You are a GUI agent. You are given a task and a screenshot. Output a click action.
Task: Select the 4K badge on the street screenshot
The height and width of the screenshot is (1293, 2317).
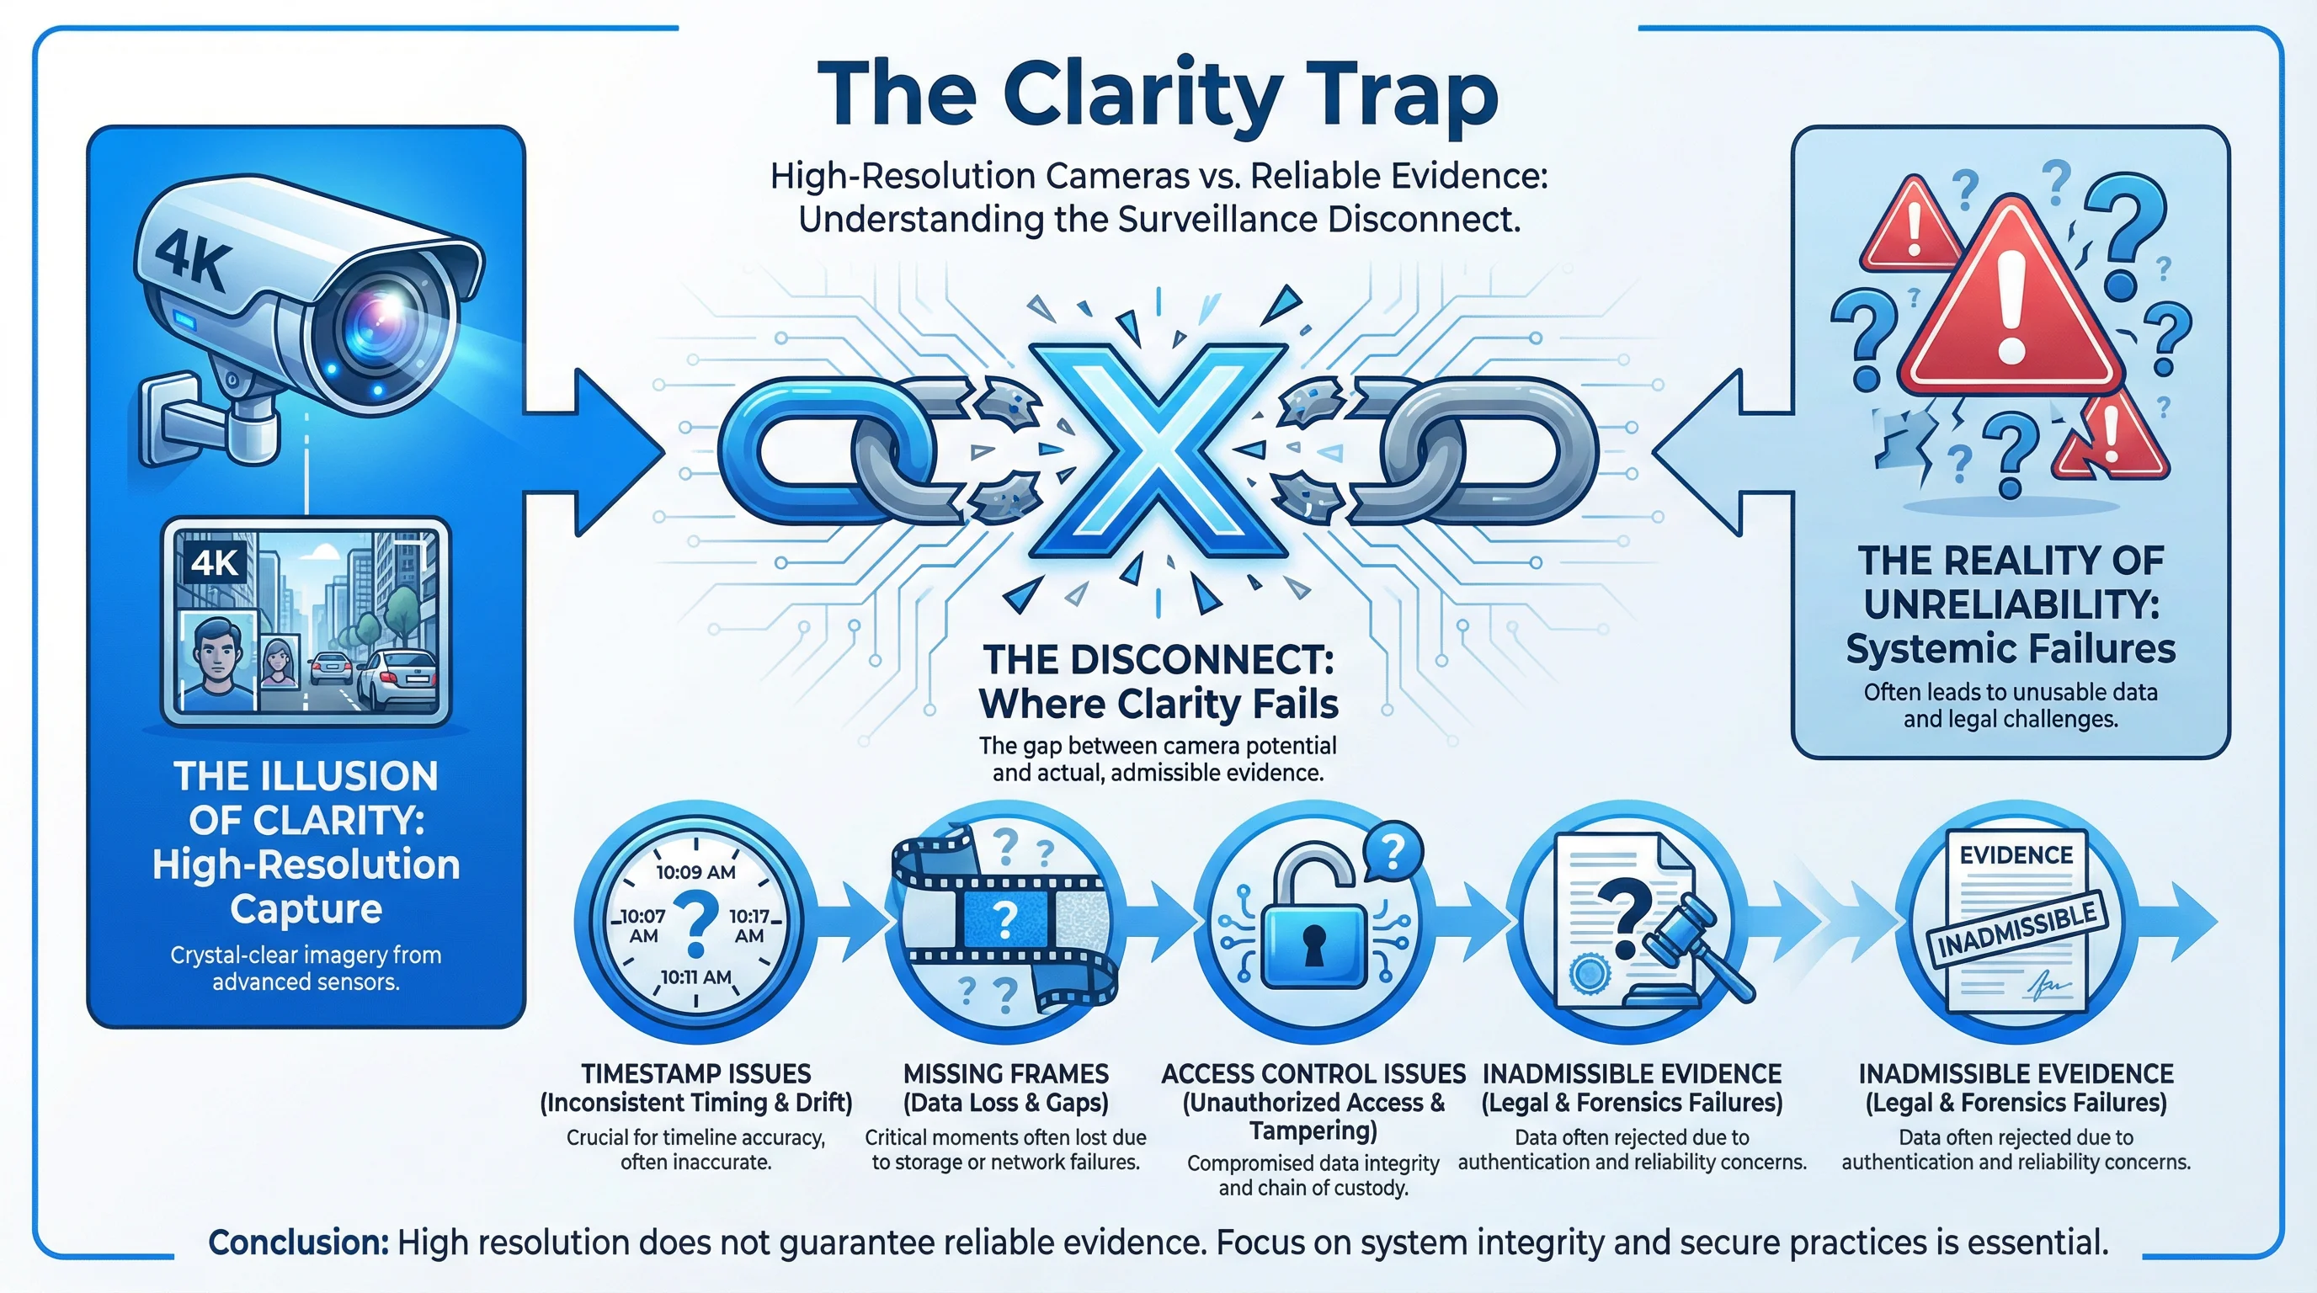215,563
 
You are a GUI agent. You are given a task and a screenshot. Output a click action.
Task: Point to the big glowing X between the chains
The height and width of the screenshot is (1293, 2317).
1158,450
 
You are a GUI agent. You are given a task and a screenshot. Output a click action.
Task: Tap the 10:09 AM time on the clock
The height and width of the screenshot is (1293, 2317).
695,871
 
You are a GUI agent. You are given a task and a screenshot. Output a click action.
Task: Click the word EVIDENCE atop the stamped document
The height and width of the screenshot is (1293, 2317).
2016,855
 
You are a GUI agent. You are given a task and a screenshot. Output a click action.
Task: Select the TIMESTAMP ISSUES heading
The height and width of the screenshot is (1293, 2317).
695,1073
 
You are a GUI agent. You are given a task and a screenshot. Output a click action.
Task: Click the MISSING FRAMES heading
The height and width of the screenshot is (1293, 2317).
1005,1073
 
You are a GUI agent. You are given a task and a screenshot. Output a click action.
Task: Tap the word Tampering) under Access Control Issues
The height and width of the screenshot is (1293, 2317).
1313,1131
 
